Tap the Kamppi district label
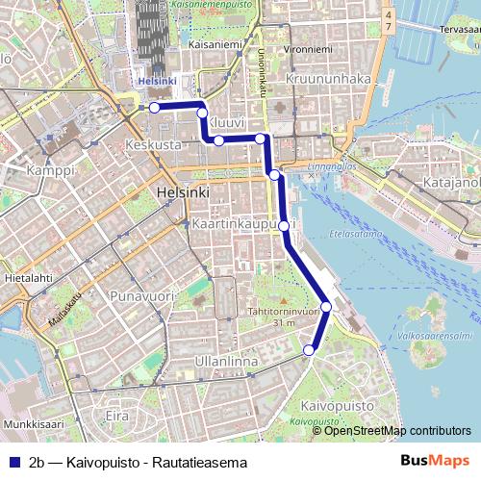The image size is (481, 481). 50,170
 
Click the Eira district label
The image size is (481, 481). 115,416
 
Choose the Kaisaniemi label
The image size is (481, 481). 215,44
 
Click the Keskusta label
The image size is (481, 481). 153,144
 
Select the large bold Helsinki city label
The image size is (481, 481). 182,193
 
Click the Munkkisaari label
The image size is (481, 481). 33,423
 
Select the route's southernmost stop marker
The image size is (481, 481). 309,351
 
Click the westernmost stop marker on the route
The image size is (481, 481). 154,108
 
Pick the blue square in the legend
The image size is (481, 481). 13,463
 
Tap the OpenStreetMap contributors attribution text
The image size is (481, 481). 397,430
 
